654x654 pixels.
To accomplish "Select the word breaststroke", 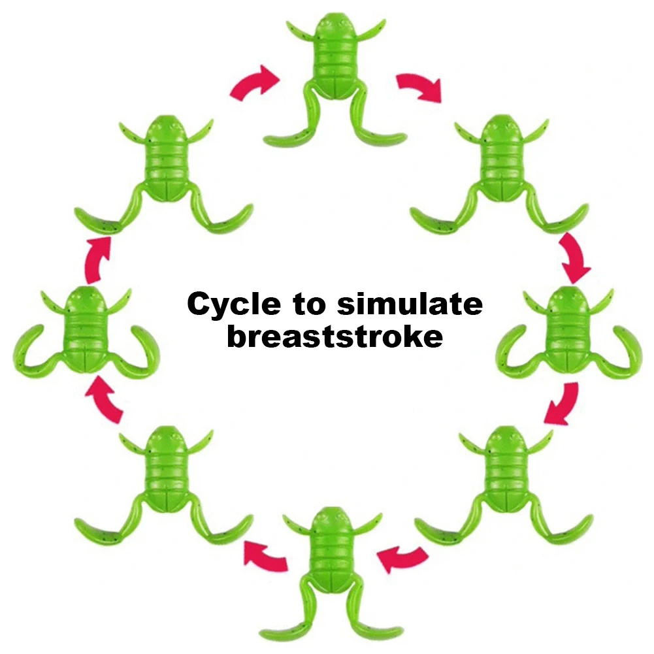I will pos(334,336).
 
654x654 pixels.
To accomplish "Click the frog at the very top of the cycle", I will pos(334,65).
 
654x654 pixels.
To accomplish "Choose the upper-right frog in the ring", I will pos(500,163).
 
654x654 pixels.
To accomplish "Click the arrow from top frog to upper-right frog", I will pos(419,86).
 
